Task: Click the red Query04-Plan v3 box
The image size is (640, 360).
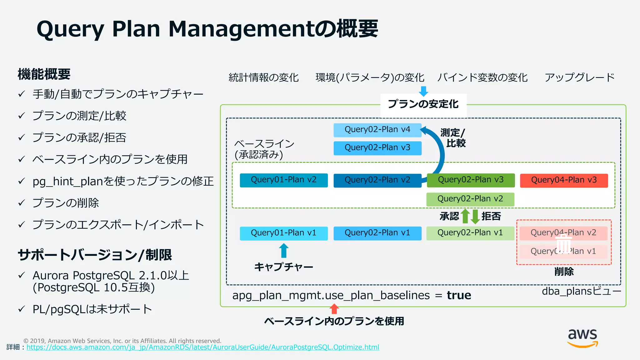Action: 564,180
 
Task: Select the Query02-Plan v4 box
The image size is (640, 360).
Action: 377,130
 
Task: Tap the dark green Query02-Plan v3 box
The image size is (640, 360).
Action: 471,180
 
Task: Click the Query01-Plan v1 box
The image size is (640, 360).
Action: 283,233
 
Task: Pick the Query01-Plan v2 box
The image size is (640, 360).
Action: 283,180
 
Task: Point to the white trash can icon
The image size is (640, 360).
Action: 563,244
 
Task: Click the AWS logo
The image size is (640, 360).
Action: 582,338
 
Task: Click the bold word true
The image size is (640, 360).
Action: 459,295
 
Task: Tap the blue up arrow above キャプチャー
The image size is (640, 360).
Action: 284,251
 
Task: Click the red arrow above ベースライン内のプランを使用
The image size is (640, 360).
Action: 334,309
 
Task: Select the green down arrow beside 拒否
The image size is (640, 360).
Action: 475,216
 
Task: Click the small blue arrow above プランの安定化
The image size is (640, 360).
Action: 423,91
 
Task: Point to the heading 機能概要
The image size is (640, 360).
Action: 44,74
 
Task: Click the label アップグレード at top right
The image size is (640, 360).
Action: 579,77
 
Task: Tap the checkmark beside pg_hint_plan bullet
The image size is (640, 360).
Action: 22,181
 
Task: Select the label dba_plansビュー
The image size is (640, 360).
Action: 581,291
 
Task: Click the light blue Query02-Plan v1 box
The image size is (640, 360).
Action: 377,233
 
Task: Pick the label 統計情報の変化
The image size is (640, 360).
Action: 263,77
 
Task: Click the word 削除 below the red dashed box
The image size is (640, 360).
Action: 564,271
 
